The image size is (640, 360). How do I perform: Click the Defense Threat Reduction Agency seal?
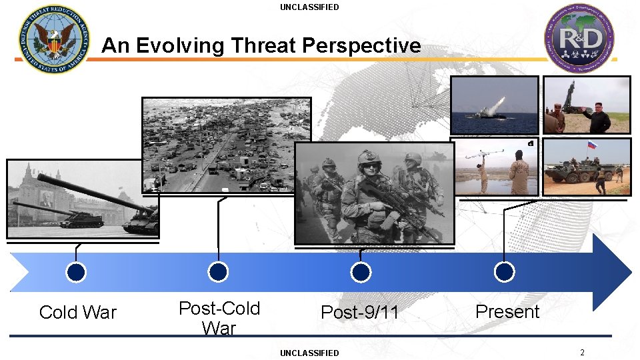(x=54, y=39)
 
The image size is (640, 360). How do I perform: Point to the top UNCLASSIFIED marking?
(x=309, y=7)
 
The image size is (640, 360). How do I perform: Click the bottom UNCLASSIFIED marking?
(x=309, y=353)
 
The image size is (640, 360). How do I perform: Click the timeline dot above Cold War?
(x=77, y=272)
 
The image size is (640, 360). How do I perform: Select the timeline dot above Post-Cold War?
(x=218, y=272)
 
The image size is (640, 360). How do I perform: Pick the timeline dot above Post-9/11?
(x=361, y=272)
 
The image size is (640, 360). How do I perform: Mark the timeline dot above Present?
(x=505, y=272)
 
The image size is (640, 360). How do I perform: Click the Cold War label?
(x=78, y=312)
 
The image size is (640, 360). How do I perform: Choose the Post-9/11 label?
(x=360, y=312)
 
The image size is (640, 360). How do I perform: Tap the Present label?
(x=507, y=311)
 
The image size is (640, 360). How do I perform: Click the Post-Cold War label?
(x=219, y=318)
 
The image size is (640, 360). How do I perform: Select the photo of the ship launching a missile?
(x=494, y=105)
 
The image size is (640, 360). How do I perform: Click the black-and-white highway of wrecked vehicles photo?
(x=227, y=145)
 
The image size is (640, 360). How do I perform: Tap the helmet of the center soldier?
(x=368, y=158)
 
